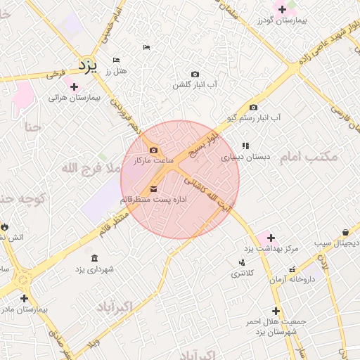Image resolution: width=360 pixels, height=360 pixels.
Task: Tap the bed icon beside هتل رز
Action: click(x=116, y=60)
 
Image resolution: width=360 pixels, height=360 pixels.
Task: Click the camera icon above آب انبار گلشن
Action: click(x=195, y=74)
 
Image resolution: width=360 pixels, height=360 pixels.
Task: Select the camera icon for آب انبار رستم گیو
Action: click(x=253, y=107)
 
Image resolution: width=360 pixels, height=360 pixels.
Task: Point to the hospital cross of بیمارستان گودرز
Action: click(x=283, y=9)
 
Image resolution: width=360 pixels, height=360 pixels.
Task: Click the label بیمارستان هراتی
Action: click(x=75, y=97)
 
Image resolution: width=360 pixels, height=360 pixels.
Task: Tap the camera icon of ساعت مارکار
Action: click(x=154, y=150)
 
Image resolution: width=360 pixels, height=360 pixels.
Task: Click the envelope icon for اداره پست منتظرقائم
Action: click(x=154, y=189)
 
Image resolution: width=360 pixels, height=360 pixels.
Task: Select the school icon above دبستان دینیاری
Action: click(x=245, y=146)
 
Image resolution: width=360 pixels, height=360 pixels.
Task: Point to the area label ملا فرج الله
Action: click(x=91, y=167)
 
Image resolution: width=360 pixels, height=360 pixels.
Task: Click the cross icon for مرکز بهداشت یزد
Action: click(x=271, y=238)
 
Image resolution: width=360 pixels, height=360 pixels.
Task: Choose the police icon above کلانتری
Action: click(x=242, y=262)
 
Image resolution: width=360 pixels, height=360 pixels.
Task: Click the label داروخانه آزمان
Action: click(x=290, y=279)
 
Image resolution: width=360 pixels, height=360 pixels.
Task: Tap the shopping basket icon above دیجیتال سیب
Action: click(x=345, y=232)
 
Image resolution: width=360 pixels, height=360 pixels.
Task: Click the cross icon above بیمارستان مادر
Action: click(x=24, y=298)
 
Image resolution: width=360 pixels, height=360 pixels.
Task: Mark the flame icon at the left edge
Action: click(x=5, y=226)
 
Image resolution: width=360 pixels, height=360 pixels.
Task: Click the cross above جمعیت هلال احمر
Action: click(x=276, y=310)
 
